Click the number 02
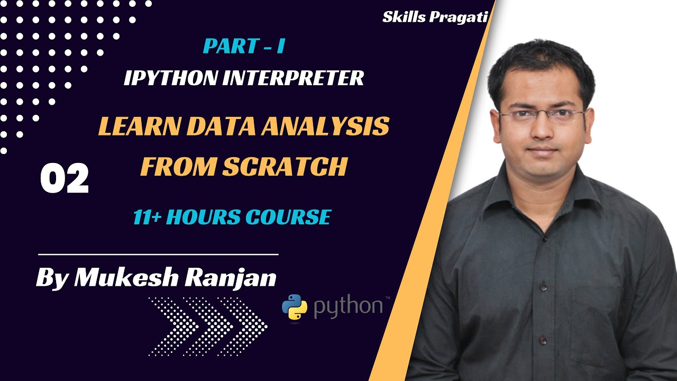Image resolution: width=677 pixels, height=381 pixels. tap(65, 179)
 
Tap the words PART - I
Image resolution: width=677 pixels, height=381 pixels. tap(244, 46)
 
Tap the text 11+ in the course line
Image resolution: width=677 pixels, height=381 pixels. tap(148, 217)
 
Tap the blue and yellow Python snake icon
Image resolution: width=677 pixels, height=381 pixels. tap(295, 307)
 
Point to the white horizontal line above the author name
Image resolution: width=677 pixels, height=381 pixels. tap(159, 255)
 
